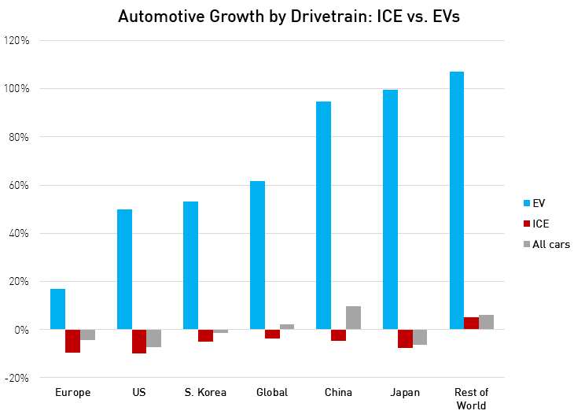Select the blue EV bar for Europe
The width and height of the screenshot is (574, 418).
coord(57,309)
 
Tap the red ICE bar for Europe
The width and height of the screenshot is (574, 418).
coord(72,341)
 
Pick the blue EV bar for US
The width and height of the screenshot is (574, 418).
coord(124,269)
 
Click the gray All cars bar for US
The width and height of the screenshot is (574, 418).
coord(153,338)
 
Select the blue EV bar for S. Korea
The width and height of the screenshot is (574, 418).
coord(190,265)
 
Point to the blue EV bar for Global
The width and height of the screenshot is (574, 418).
coord(257,255)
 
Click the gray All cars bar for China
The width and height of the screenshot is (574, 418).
coord(353,318)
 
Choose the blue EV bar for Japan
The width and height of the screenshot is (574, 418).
coord(390,209)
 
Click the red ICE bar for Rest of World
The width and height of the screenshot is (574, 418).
coord(471,324)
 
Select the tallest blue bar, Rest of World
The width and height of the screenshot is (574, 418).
coord(456,201)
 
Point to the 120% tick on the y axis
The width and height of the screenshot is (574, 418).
coord(18,40)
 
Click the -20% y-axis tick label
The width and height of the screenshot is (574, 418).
coord(17,378)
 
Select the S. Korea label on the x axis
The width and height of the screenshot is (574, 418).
coord(205,392)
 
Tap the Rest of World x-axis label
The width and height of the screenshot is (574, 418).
coord(471,398)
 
